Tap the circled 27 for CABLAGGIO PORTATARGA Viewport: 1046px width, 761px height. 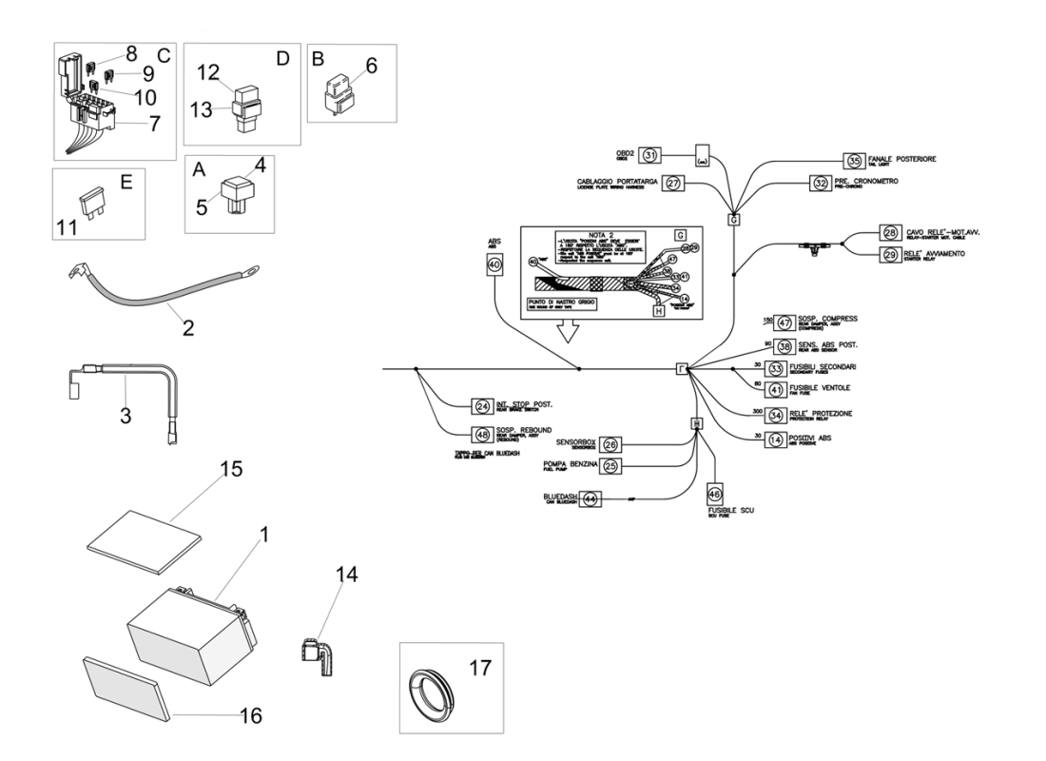(673, 183)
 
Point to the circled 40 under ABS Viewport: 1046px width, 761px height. (494, 268)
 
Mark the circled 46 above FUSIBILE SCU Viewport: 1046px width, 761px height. (714, 495)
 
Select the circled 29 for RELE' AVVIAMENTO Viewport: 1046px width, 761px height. (863, 254)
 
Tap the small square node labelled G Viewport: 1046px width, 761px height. (734, 219)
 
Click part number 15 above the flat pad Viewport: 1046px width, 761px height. (232, 470)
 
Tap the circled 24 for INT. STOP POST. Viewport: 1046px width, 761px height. (482, 406)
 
